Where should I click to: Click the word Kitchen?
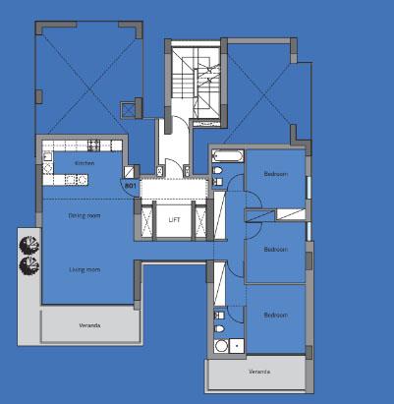pyautogui.click(x=84, y=163)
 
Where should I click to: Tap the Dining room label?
pyautogui.click(x=84, y=215)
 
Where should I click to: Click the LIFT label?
pyautogui.click(x=174, y=219)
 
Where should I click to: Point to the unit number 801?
pyautogui.click(x=130, y=185)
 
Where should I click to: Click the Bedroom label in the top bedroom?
pyautogui.click(x=275, y=174)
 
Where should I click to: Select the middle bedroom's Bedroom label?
pyautogui.click(x=275, y=250)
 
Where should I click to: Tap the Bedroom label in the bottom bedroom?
pyautogui.click(x=275, y=316)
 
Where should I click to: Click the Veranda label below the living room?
pyautogui.click(x=90, y=324)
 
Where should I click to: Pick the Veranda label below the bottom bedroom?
pyautogui.click(x=259, y=373)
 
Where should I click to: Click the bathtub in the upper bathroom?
pyautogui.click(x=225, y=155)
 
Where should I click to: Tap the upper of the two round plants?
pyautogui.click(x=28, y=244)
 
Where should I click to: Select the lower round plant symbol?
pyautogui.click(x=28, y=264)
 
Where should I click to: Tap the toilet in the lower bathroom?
pyautogui.click(x=220, y=326)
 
